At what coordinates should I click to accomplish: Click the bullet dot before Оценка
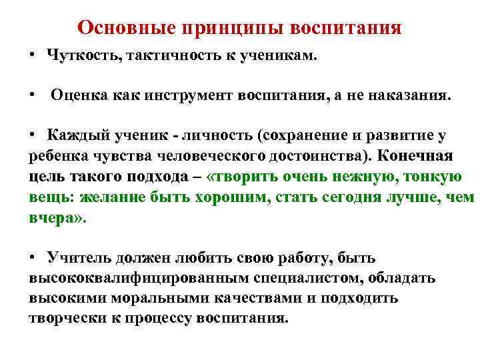click(32, 95)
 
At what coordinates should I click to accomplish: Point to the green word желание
click(108, 197)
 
